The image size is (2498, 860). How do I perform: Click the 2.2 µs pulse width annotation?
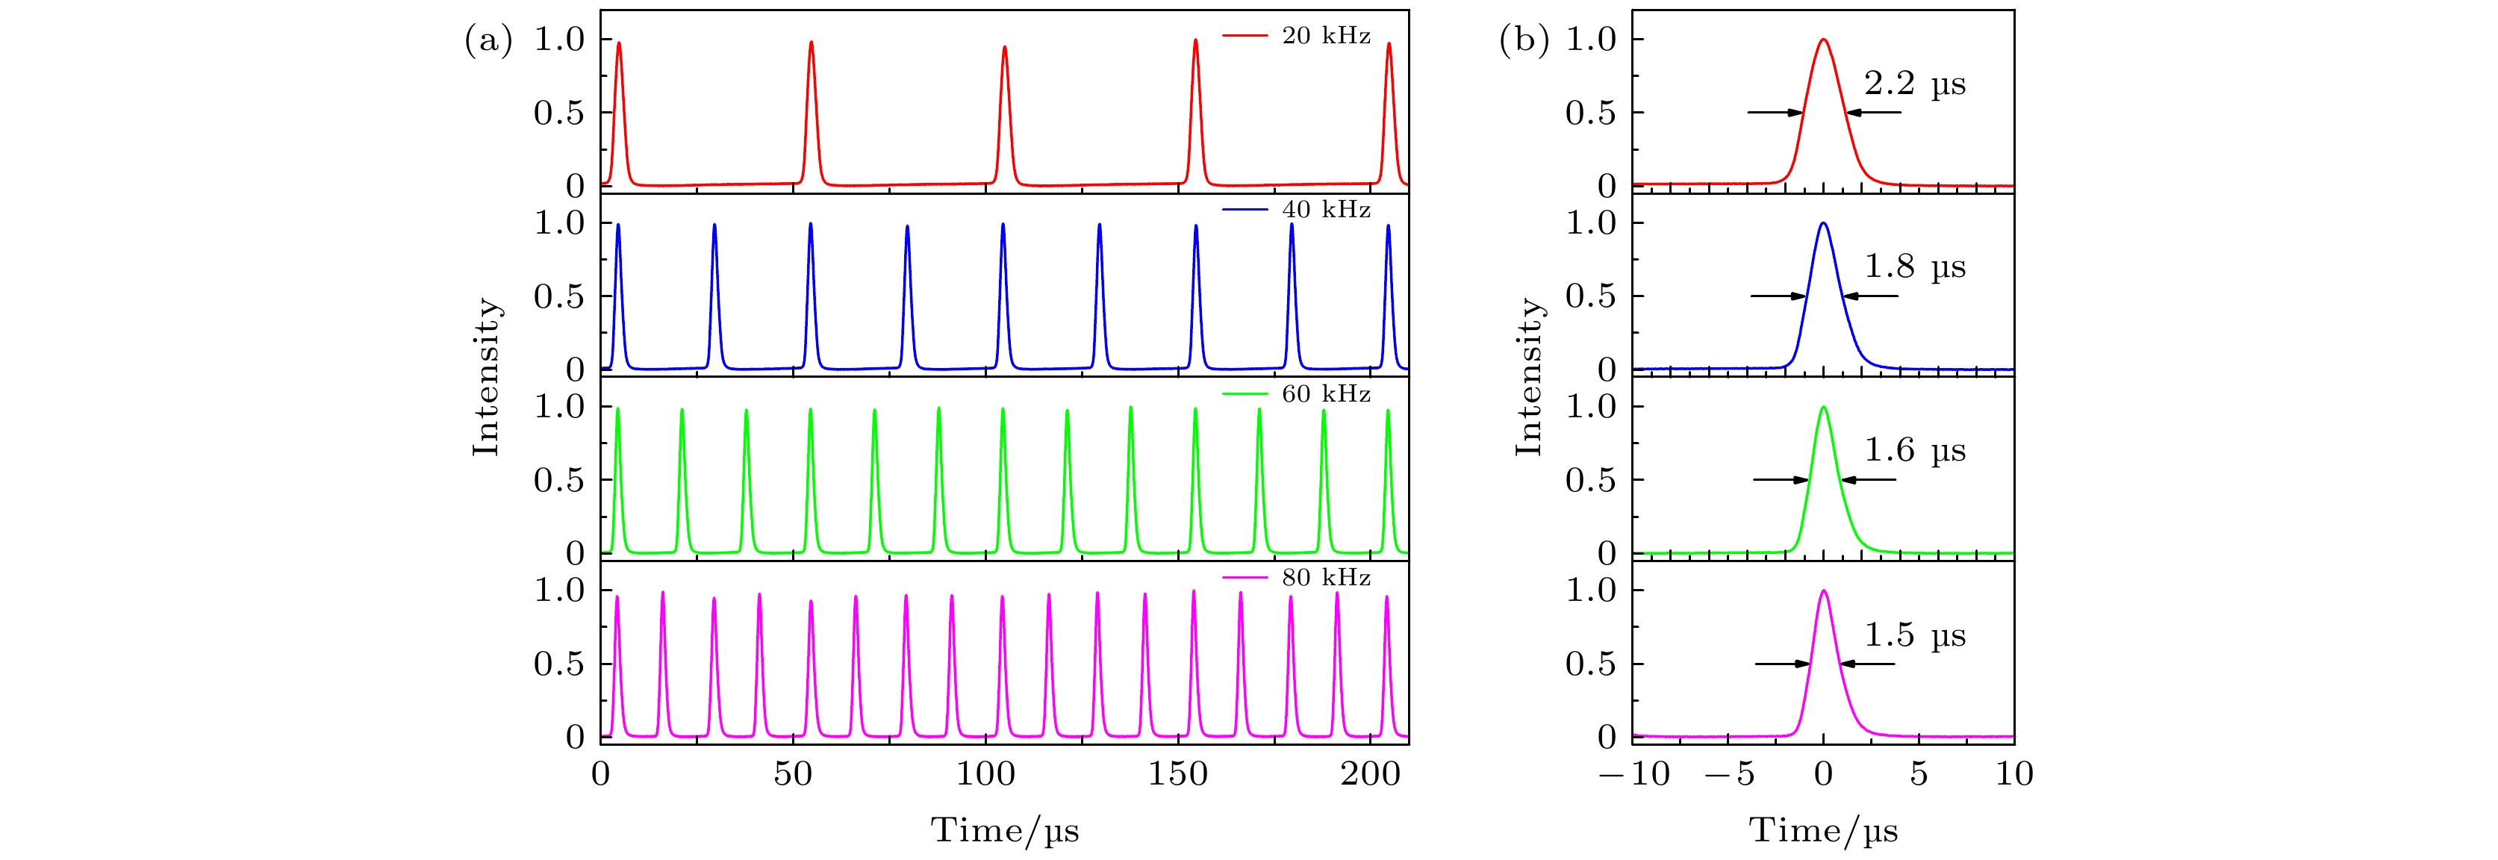tap(1915, 85)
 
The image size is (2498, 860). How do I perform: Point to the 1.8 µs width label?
tap(1915, 267)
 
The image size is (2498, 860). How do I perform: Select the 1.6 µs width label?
tap(1915, 452)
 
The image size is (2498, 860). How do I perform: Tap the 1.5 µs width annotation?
tap(1915, 636)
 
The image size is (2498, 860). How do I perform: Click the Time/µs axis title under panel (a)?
tap(1005, 831)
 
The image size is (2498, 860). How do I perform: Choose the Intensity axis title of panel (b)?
tap(1529, 376)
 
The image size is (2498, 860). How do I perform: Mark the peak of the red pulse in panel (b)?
tap(1824, 40)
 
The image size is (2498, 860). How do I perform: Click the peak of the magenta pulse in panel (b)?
tap(1824, 591)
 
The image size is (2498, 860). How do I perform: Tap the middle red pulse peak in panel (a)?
tap(1005, 46)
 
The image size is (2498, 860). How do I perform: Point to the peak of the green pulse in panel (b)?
tap(1824, 407)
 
